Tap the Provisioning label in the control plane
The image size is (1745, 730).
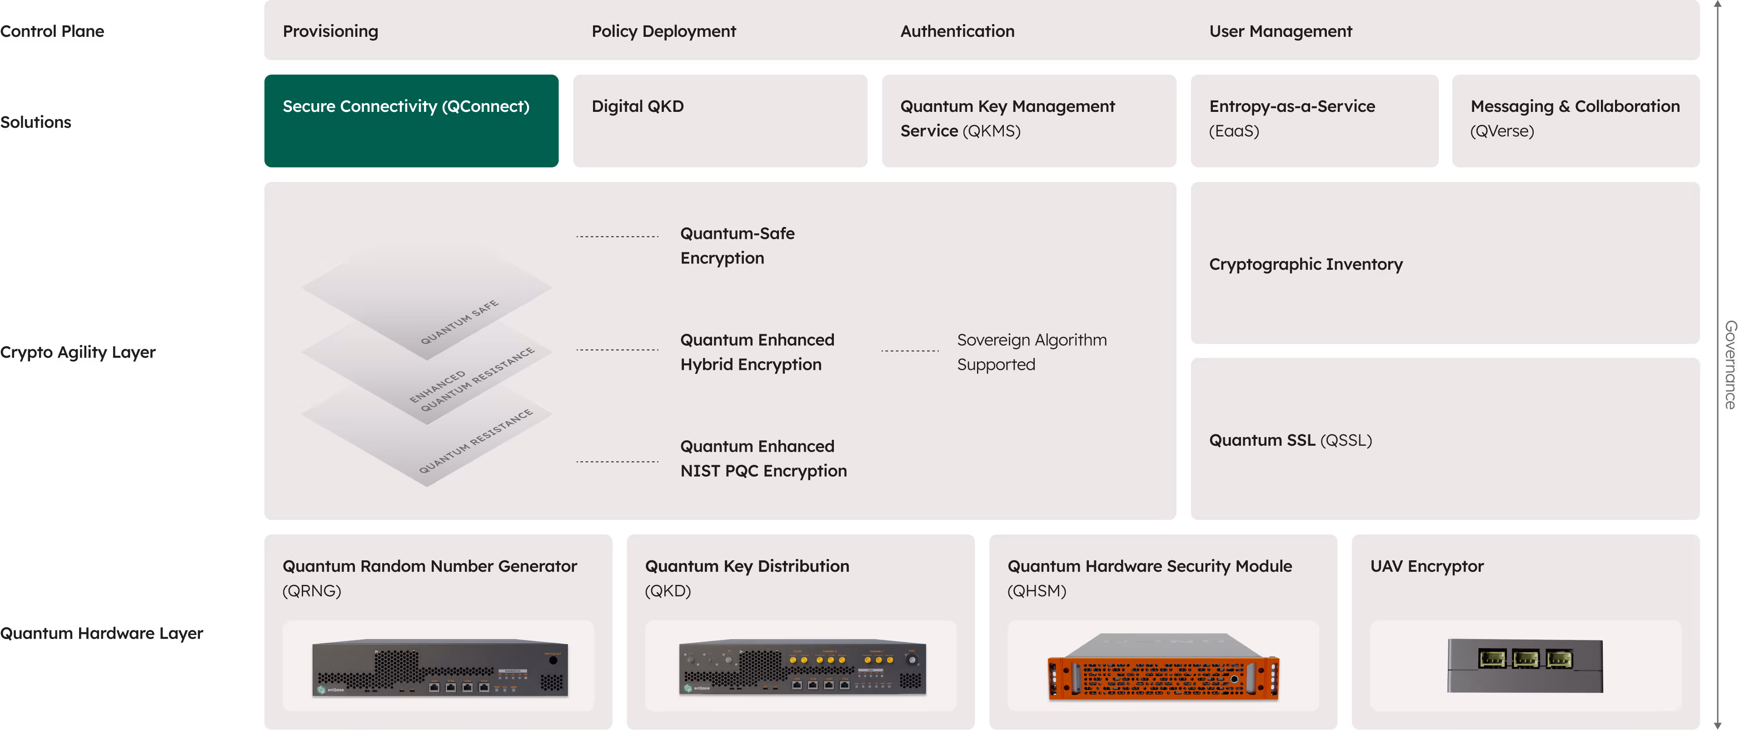(x=330, y=31)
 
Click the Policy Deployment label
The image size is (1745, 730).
(x=663, y=31)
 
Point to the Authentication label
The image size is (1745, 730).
(x=957, y=31)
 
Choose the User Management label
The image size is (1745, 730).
(x=1280, y=31)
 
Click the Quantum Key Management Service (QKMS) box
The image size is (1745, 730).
(x=1028, y=121)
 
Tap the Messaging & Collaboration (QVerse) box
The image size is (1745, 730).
(x=1575, y=121)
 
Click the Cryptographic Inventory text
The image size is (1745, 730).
(x=1306, y=264)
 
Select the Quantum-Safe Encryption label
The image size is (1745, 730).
(x=737, y=245)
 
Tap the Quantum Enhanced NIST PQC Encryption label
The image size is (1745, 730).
(x=763, y=458)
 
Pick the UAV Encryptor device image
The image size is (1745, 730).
(x=1525, y=665)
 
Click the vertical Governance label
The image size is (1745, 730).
(x=1730, y=365)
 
